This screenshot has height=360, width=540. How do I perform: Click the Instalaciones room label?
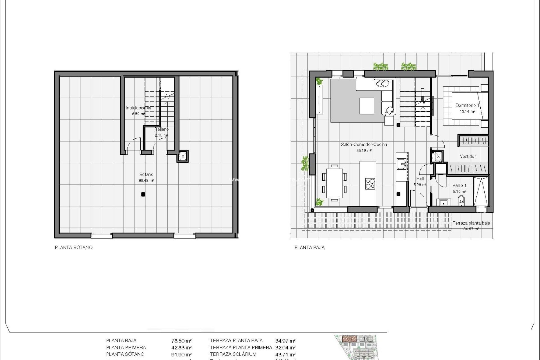(x=138, y=108)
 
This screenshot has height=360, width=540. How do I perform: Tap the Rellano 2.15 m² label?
(x=161, y=130)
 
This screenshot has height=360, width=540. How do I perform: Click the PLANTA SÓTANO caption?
(x=74, y=247)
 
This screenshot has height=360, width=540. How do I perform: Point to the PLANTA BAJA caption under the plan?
(x=309, y=247)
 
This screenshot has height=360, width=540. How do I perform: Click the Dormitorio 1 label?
(x=467, y=105)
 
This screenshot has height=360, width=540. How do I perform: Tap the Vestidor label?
(x=468, y=156)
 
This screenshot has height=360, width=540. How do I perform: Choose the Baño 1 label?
(x=459, y=186)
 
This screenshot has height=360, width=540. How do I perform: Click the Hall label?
(x=420, y=179)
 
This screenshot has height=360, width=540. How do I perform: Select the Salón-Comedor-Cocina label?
(x=364, y=145)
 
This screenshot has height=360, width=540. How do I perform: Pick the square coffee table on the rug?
(x=367, y=106)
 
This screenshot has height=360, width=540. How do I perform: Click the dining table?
(x=334, y=183)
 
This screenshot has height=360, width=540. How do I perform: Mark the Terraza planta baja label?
(x=471, y=223)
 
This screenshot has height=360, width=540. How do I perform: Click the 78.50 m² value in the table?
(x=181, y=341)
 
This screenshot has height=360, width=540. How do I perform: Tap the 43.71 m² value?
(x=285, y=354)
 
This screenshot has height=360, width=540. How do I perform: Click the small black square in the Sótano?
(x=143, y=194)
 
